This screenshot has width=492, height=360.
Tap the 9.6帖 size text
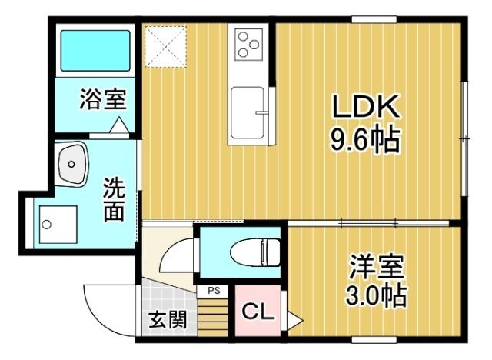[364, 140]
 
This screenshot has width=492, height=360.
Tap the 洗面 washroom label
[113, 198]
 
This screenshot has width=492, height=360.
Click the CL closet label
[256, 312]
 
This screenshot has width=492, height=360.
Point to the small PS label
[213, 291]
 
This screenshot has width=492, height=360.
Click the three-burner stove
[248, 44]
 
